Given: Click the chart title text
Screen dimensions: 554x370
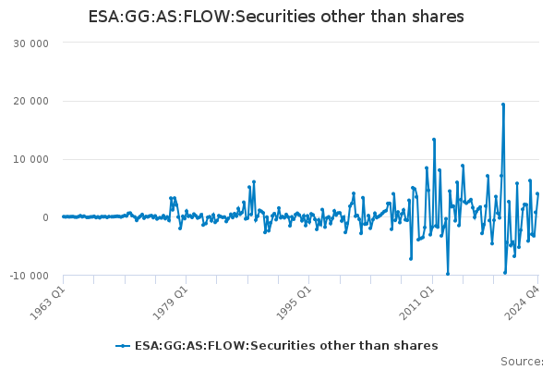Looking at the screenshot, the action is point(276,17).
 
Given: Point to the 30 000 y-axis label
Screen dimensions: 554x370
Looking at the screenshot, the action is point(31,43).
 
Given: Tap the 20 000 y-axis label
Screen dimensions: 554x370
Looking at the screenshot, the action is point(31,101).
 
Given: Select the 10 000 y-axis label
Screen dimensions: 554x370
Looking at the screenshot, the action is point(31,159).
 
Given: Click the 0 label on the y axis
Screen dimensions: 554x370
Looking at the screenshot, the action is point(45,217).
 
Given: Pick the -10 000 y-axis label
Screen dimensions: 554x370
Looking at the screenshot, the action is point(29,276).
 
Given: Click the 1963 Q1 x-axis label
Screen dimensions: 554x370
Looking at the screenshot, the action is point(48,302).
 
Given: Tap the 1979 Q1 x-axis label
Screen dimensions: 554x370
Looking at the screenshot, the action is point(170,302).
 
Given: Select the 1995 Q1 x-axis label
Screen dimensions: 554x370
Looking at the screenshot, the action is point(294,302).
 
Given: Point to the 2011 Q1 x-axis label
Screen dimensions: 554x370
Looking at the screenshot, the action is point(416,302).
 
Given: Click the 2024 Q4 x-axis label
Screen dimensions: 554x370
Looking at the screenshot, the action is point(523,302).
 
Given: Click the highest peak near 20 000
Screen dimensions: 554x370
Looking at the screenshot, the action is point(503,105).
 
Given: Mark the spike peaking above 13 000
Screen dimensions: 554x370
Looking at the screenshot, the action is point(434,140).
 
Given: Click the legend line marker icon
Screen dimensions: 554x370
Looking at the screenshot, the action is point(123,346).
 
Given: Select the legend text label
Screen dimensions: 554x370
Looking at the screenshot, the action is point(286,346).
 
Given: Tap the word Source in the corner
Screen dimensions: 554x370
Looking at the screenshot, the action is point(522,362).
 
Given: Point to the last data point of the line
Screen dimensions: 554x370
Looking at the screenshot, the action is point(537,193).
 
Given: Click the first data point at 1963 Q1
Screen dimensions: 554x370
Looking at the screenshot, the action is point(64,216).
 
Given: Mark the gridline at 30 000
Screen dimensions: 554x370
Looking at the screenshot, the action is point(301,43).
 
